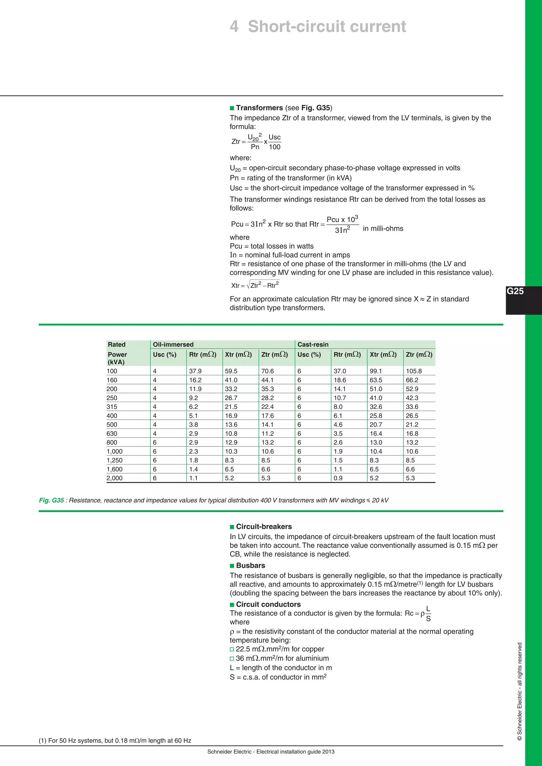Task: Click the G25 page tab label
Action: coord(515,291)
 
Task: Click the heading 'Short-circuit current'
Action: coord(327,26)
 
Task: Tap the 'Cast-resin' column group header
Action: coord(313,344)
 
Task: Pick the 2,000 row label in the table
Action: coord(115,478)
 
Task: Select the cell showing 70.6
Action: coord(267,371)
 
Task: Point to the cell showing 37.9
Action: coord(195,371)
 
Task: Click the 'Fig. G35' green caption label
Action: coord(51,500)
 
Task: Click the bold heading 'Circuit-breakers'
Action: coord(264,526)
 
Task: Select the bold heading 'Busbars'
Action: coord(250,565)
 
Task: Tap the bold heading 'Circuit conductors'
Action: coord(268,604)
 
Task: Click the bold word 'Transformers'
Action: coord(259,108)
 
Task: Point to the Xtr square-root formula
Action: coord(255,285)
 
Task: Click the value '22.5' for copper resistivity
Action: coord(243,649)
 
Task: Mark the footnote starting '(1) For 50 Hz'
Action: coord(115,740)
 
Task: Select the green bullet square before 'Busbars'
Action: coord(232,566)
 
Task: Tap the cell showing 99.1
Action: coord(376,371)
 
